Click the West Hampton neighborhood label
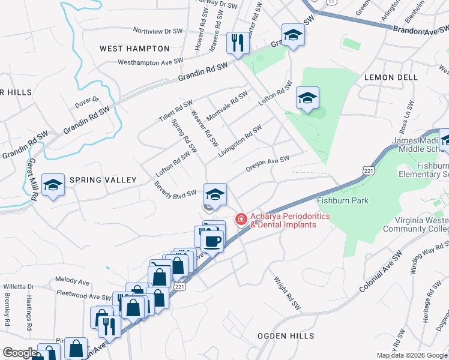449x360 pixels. coord(134,48)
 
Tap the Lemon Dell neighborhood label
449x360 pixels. coord(391,77)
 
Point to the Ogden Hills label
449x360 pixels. coord(286,336)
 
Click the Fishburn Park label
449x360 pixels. coord(342,200)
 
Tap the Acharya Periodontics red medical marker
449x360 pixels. coord(241,220)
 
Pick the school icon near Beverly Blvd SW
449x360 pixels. coord(215,194)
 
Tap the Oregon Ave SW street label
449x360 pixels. coord(268,164)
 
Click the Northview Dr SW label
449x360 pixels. coord(157,31)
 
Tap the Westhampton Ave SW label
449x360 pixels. coord(150,62)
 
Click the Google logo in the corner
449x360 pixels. coord(20,353)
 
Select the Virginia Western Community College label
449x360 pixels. coord(417,224)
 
